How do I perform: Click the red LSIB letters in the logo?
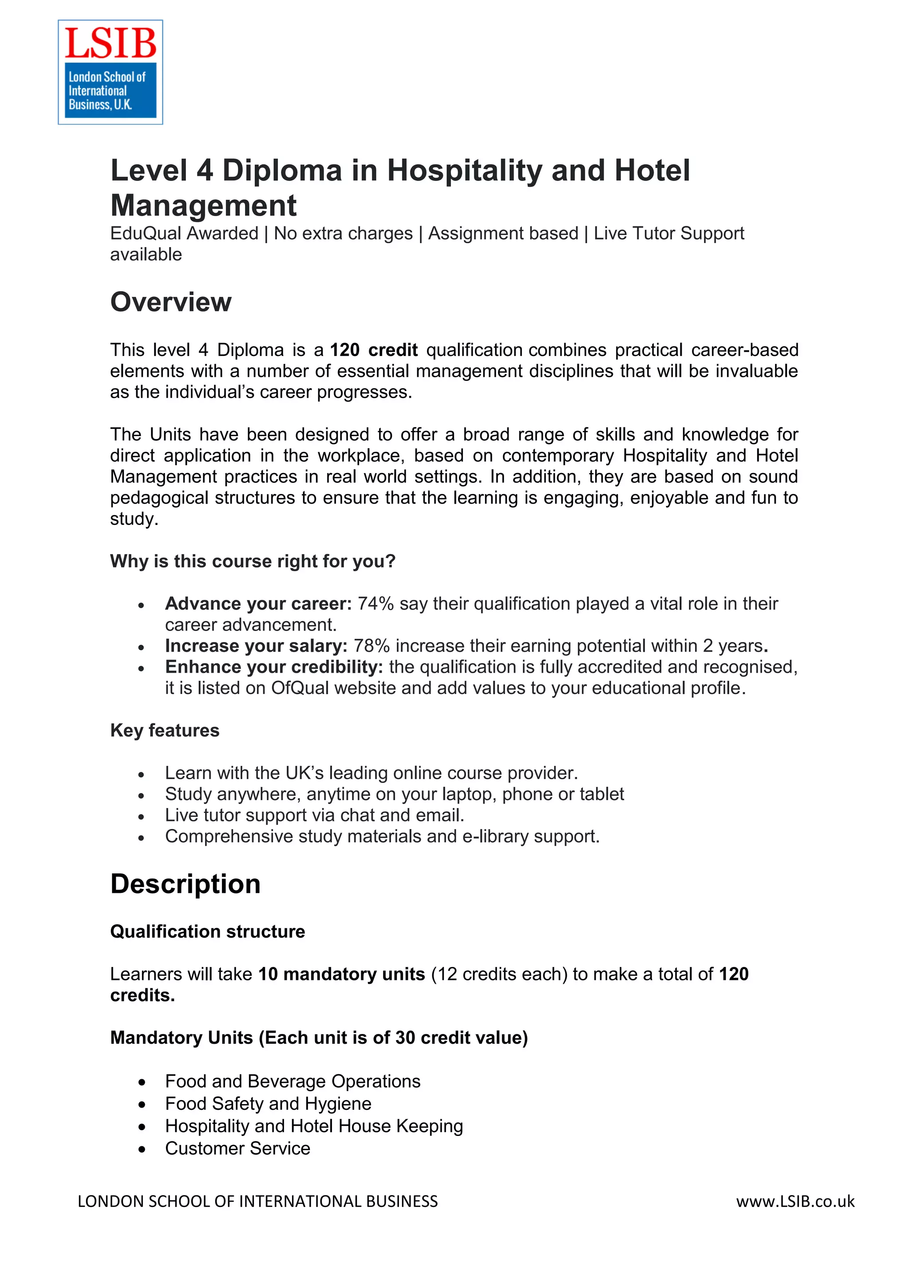point(111,43)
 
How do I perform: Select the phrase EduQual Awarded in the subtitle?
point(184,233)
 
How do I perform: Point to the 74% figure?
point(375,604)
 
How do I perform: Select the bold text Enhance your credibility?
point(274,667)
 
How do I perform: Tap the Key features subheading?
point(165,730)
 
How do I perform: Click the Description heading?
point(186,884)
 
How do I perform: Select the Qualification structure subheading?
point(207,931)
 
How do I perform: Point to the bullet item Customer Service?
point(237,1148)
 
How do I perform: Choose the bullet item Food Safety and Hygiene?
point(268,1104)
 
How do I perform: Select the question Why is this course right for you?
point(253,561)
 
